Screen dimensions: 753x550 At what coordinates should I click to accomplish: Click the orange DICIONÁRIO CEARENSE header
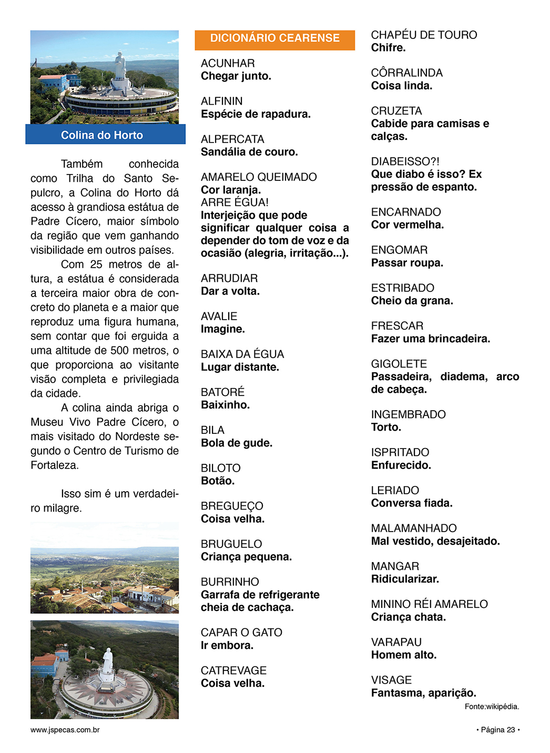click(x=274, y=38)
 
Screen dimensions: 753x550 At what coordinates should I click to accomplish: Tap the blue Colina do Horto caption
click(x=102, y=135)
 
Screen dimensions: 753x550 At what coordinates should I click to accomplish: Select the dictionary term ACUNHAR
click(x=228, y=64)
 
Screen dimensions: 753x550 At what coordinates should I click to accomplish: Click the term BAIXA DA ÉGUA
click(x=242, y=354)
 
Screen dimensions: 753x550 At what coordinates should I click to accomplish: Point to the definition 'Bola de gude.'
click(x=237, y=443)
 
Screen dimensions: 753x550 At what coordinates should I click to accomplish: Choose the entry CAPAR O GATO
click(x=241, y=633)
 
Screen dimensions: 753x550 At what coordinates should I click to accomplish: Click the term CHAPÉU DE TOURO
click(x=424, y=35)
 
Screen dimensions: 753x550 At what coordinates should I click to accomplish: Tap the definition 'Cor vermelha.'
click(x=408, y=225)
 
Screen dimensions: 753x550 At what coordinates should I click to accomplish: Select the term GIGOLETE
click(x=399, y=364)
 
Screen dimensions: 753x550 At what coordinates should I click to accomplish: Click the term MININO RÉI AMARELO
click(x=429, y=604)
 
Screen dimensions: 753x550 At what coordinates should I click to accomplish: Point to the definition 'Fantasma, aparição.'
click(x=423, y=693)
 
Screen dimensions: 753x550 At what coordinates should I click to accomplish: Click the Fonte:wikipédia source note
click(x=492, y=707)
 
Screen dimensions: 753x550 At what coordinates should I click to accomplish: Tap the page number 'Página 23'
click(x=497, y=730)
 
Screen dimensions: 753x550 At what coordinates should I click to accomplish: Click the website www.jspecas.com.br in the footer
click(x=65, y=730)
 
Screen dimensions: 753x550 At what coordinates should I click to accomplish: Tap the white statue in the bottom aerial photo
click(x=107, y=662)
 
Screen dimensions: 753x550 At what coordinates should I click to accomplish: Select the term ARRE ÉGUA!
click(x=235, y=202)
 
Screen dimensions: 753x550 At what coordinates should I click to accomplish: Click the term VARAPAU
click(x=396, y=642)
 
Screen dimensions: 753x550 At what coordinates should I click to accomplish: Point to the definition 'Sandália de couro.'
click(x=249, y=152)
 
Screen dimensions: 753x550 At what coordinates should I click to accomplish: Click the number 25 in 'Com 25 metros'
click(x=96, y=264)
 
